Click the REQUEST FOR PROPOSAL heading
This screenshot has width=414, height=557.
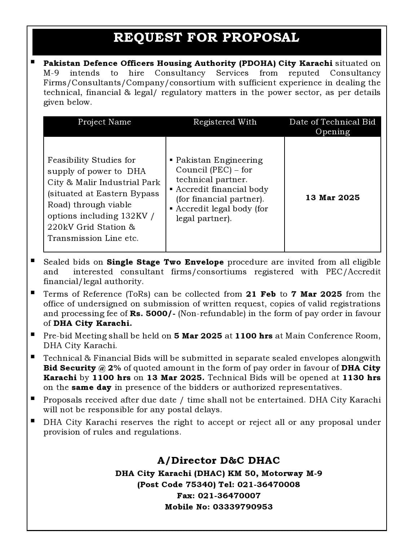pyautogui.click(x=206, y=37)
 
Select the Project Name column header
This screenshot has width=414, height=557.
pyautogui.click(x=105, y=122)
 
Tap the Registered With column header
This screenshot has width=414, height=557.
pyautogui.click(x=225, y=122)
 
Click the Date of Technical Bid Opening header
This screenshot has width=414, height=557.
pyautogui.click(x=332, y=127)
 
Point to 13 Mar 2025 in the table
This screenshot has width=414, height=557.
pyautogui.click(x=332, y=198)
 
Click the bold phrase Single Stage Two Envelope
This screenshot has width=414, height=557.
pyautogui.click(x=165, y=262)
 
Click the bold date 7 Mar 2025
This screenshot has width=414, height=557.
pyautogui.click(x=317, y=294)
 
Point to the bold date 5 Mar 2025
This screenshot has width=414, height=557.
pyautogui.click(x=198, y=336)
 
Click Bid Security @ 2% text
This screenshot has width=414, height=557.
pyautogui.click(x=82, y=368)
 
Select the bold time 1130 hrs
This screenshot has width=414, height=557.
pyautogui.click(x=361, y=378)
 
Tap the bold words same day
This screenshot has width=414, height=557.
pyautogui.click(x=92, y=387)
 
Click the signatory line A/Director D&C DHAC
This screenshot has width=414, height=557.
pyautogui.click(x=218, y=461)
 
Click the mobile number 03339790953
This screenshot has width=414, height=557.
pyautogui.click(x=243, y=507)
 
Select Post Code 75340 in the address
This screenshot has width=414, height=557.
pyautogui.click(x=176, y=485)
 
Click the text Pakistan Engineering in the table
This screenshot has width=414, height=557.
pyautogui.click(x=219, y=160)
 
